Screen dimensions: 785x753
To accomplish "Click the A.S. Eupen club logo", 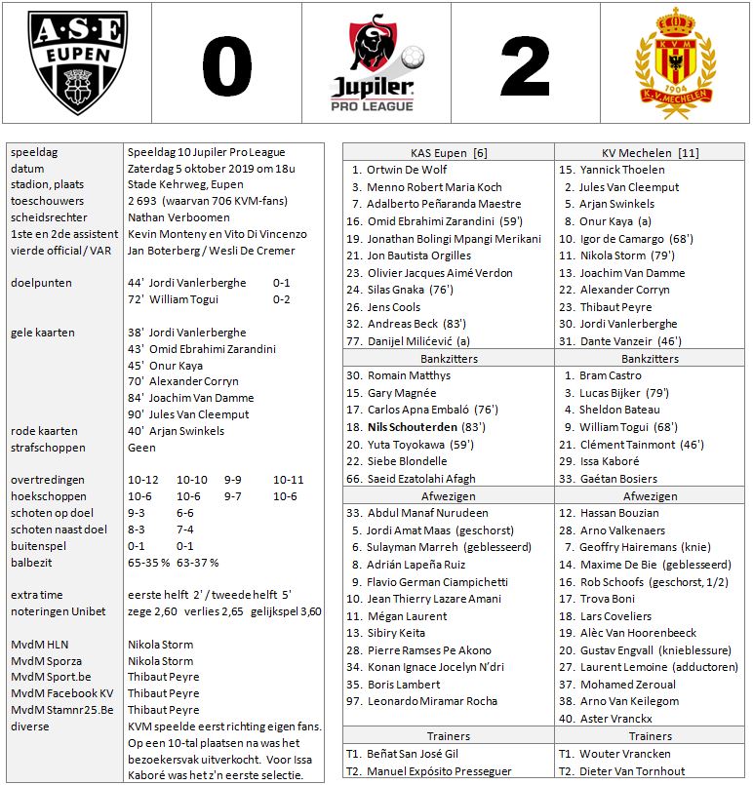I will point(76,63).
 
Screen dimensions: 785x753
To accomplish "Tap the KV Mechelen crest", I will point(677,63).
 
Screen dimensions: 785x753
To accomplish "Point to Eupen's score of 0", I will point(226,65).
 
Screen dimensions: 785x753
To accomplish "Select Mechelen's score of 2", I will point(527,65).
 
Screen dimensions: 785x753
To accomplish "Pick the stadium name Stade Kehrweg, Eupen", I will point(185,184).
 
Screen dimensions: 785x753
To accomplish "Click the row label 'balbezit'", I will point(32,563).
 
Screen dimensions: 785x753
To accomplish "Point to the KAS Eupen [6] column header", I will point(448,153).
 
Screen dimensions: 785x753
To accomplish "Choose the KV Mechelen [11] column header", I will point(650,153).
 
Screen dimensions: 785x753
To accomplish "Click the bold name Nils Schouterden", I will point(417,427).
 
